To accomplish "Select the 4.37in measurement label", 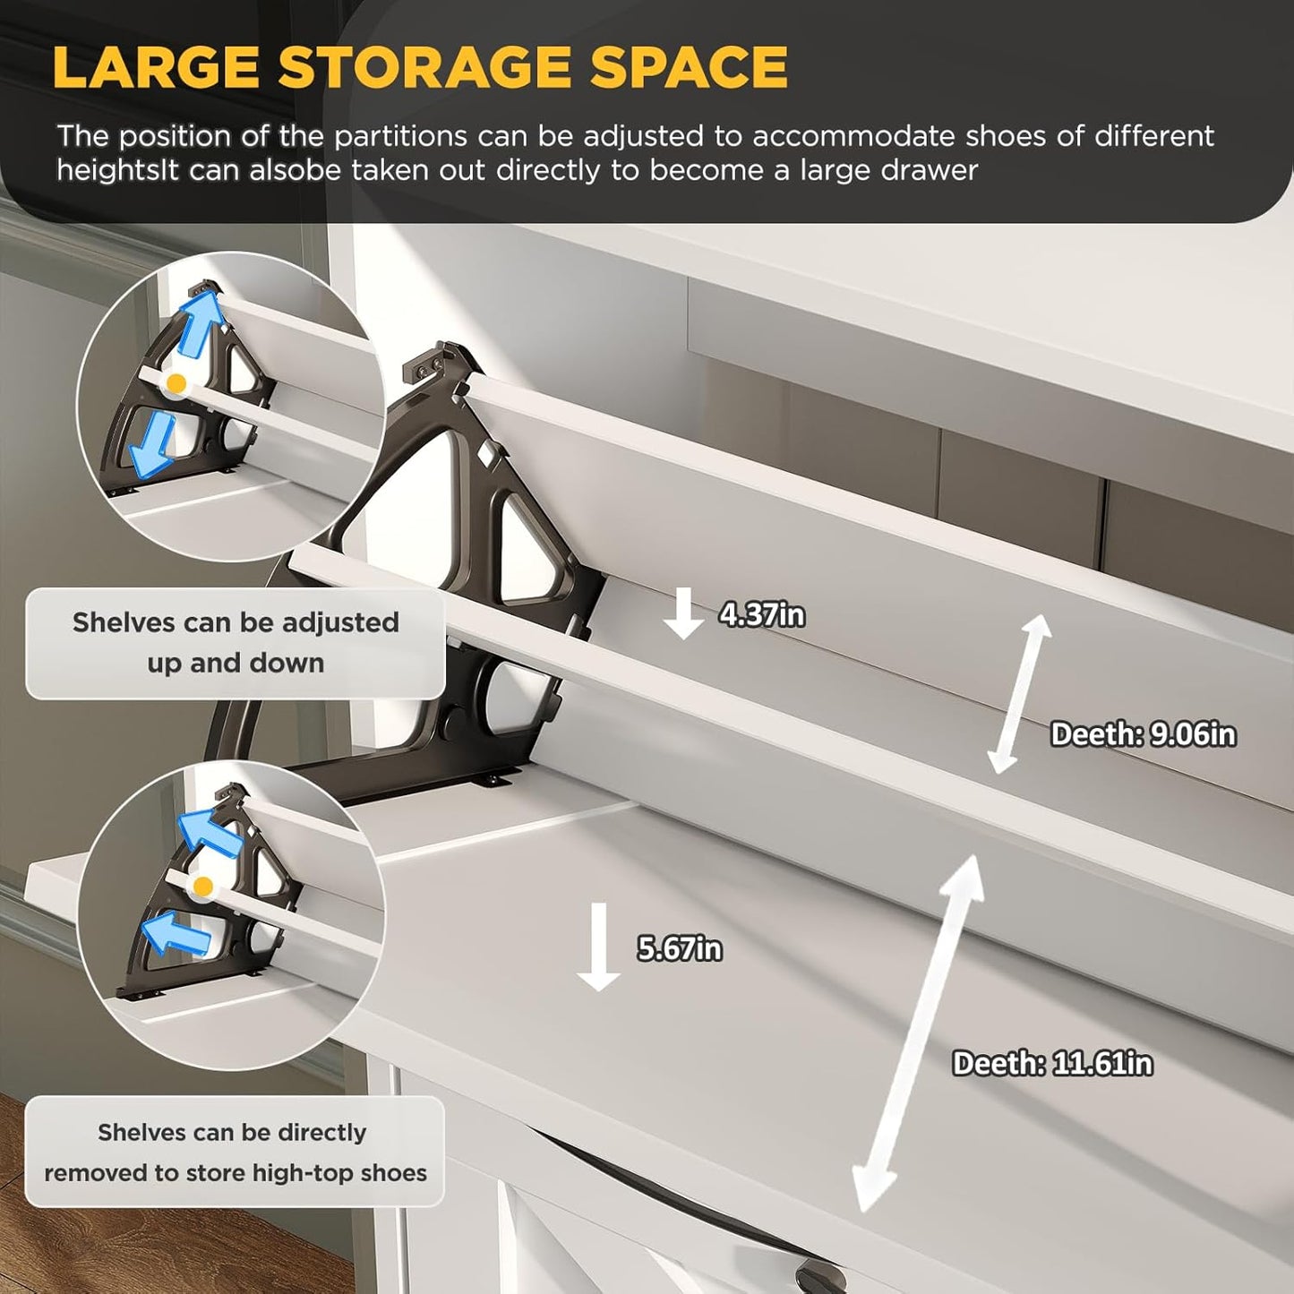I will (x=762, y=615).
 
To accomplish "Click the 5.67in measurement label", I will (x=680, y=948).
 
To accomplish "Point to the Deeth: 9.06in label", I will (x=1144, y=734).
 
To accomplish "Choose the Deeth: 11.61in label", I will (x=1052, y=1064).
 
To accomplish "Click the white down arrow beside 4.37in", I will (x=683, y=614).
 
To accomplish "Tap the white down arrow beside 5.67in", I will (x=598, y=947).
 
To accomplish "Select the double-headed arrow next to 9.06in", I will (x=1019, y=694).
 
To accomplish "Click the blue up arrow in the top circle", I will (x=200, y=323).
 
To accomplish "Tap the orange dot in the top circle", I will (x=176, y=384).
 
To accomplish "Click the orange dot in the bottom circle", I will (x=203, y=887).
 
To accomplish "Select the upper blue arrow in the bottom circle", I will (x=208, y=832).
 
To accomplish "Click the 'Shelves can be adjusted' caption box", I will (x=236, y=642).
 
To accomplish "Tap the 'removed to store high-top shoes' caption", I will (x=236, y=1173).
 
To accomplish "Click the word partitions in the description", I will (x=400, y=136).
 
